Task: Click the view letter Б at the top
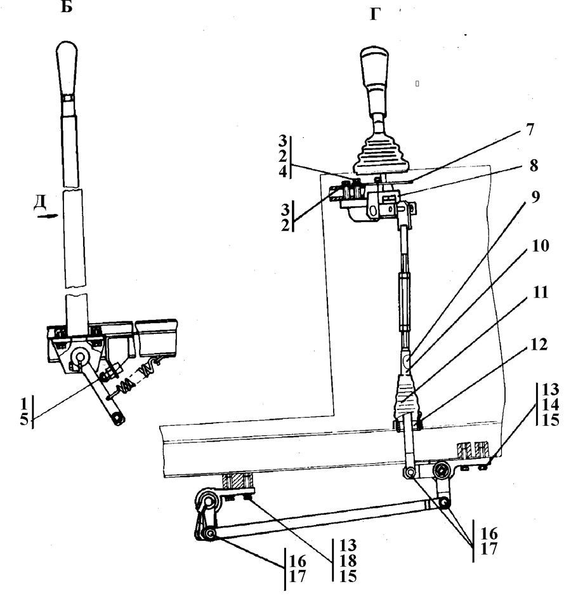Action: pos(67,6)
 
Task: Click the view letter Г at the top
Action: pos(375,14)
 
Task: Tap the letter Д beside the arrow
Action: pos(40,202)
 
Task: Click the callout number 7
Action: pos(530,129)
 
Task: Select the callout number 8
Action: pos(534,166)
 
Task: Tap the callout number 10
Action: pos(540,246)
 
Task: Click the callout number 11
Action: pos(541,292)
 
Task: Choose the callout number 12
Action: pos(538,345)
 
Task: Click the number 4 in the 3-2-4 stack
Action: pos(283,171)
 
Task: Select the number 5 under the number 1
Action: pos(24,419)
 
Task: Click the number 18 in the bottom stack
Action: pos(348,560)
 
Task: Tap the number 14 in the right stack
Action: pos(550,404)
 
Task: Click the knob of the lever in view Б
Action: pos(67,69)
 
